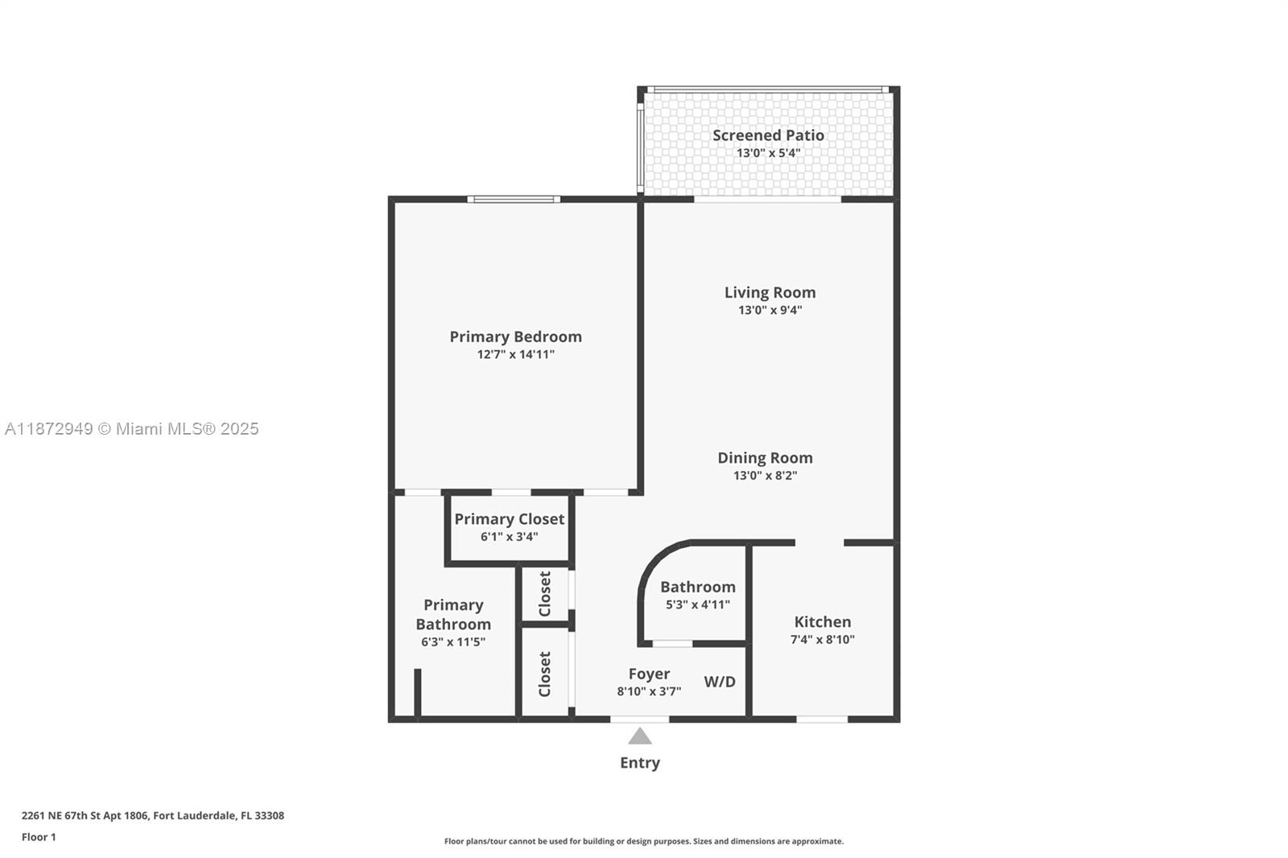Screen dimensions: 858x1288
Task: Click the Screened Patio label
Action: [768, 135]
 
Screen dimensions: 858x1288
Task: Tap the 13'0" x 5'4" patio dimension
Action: [768, 153]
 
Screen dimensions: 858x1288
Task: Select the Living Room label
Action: [770, 292]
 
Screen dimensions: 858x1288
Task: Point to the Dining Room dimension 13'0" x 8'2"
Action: [765, 476]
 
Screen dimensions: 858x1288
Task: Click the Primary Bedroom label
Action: [515, 336]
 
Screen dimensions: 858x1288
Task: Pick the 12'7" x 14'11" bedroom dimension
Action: [515, 354]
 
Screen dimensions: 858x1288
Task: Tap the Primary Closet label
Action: [509, 519]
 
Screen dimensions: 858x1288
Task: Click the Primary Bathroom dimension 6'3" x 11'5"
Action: [452, 642]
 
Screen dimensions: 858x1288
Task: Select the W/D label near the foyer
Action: [720, 682]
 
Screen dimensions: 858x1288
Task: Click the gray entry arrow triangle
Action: [640, 736]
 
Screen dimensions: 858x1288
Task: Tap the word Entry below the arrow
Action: [640, 762]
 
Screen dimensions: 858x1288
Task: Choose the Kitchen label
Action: [822, 621]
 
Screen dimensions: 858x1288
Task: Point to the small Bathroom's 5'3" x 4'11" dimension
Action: [697, 604]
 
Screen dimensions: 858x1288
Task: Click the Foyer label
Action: [649, 674]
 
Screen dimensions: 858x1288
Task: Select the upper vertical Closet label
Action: [545, 594]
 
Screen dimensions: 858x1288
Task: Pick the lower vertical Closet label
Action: [545, 674]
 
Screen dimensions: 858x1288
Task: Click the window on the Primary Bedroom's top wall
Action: [514, 199]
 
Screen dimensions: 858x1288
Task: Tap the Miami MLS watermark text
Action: [132, 429]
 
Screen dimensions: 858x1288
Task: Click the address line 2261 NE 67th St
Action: [153, 815]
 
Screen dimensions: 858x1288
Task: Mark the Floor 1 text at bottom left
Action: [39, 837]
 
